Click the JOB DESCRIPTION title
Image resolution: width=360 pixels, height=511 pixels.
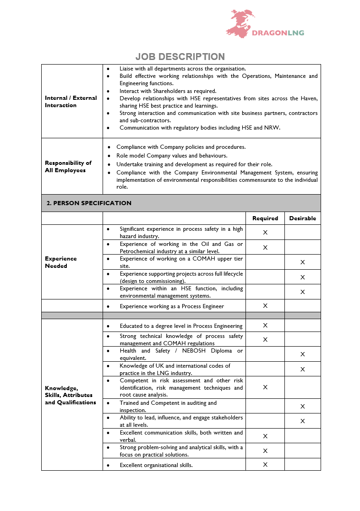pos(180,57)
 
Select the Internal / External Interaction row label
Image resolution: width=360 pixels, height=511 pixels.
pos(71,102)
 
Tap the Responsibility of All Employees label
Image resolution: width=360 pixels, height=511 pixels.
pos(68,167)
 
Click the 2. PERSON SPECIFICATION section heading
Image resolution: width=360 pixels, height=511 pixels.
pos(89,203)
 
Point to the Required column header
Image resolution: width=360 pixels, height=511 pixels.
pos(265,218)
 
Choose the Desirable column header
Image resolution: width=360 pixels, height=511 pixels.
pos(302,218)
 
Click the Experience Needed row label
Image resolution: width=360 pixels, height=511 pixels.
pos(61,262)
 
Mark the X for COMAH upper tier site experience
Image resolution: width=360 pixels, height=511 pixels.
pos(302,262)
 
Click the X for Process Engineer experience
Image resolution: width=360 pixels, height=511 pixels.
pos(265,306)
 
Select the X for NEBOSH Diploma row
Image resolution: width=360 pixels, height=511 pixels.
pos(302,354)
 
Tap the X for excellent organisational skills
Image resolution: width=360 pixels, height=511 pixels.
pos(265,465)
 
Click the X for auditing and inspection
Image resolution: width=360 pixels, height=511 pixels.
pos(302,407)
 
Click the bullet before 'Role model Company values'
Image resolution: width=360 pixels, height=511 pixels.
pos(109,156)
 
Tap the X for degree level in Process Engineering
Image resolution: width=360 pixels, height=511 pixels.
pos(265,326)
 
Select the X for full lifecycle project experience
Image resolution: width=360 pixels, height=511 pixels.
pos(302,277)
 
